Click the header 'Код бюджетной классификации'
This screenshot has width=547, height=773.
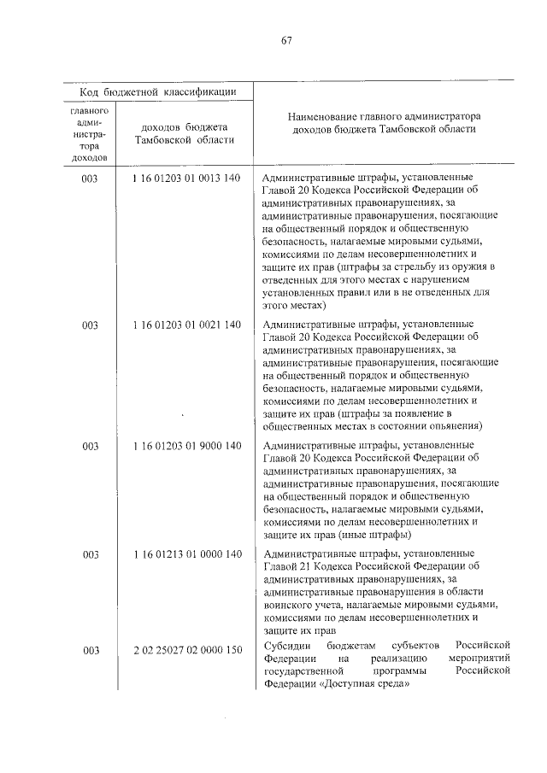pyautogui.click(x=159, y=91)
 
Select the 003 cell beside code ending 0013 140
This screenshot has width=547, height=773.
pyautogui.click(x=90, y=179)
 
